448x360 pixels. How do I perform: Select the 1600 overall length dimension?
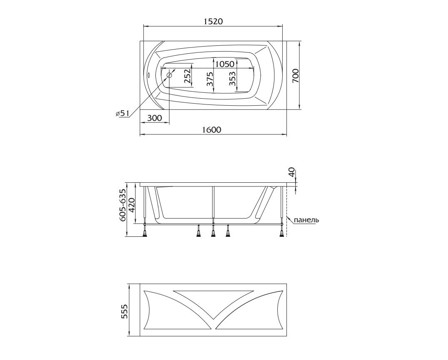click(x=212, y=129)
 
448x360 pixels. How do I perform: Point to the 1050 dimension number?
click(x=225, y=64)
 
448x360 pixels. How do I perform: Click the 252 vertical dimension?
click(x=187, y=77)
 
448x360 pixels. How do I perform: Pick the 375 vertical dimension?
click(x=210, y=79)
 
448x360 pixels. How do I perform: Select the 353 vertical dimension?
click(x=232, y=79)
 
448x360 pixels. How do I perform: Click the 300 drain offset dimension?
click(x=154, y=118)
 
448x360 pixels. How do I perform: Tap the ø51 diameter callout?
click(x=123, y=113)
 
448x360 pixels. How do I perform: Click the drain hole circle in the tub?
click(x=169, y=75)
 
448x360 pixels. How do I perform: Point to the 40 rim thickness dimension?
click(x=292, y=172)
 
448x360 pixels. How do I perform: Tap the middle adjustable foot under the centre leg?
click(x=213, y=233)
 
